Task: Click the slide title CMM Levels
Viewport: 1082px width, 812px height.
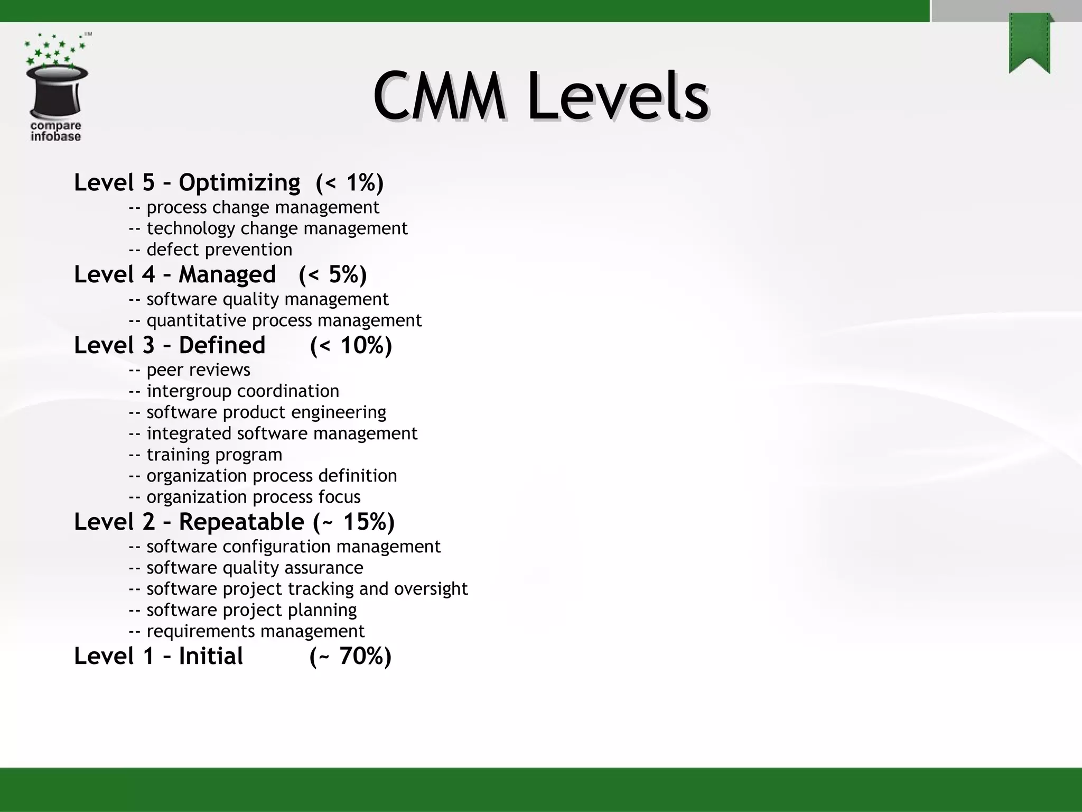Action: pyautogui.click(x=540, y=97)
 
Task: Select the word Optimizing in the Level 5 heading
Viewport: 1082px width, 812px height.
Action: pyautogui.click(x=239, y=183)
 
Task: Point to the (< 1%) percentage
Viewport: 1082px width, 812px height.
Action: pyautogui.click(x=349, y=183)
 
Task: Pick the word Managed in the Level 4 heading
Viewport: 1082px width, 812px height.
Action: pyautogui.click(x=227, y=275)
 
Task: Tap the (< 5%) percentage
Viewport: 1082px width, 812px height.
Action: pyautogui.click(x=332, y=275)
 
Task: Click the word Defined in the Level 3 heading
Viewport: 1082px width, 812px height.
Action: pyautogui.click(x=222, y=346)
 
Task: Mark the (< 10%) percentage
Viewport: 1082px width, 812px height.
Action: pyautogui.click(x=351, y=346)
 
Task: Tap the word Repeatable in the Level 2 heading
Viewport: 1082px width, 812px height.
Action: pyautogui.click(x=241, y=522)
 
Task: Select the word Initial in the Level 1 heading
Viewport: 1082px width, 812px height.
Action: pyautogui.click(x=211, y=657)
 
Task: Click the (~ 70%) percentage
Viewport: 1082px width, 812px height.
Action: pyautogui.click(x=350, y=657)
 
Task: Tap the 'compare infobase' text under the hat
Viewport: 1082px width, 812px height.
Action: pyautogui.click(x=56, y=131)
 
